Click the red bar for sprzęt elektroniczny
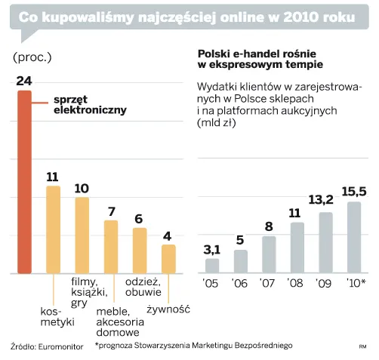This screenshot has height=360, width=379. pyautogui.click(x=25, y=181)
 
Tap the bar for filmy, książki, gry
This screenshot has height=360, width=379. pyautogui.click(x=82, y=235)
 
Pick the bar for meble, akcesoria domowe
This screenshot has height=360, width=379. pyautogui.click(x=111, y=246)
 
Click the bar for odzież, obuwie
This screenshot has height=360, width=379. pyautogui.click(x=140, y=250)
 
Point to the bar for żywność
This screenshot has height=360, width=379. pyautogui.click(x=168, y=258)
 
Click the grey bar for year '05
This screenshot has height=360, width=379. pyautogui.click(x=212, y=265)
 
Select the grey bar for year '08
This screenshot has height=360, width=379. pyautogui.click(x=297, y=247)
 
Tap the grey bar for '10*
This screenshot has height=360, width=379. pyautogui.click(x=353, y=236)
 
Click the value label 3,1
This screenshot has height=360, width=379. pyautogui.click(x=212, y=249)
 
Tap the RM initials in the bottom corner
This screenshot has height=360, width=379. pyautogui.click(x=362, y=347)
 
